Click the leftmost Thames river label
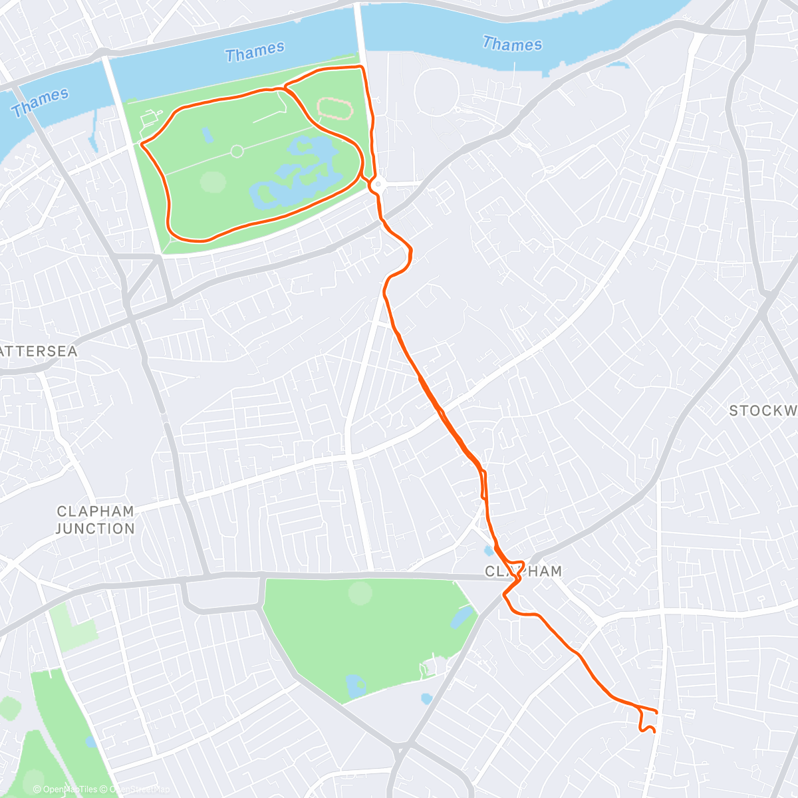40,102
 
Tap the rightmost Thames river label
512,45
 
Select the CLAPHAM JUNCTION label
95,520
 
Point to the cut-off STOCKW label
763,411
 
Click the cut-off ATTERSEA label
39,351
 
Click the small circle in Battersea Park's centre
237,152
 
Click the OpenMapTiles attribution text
65,789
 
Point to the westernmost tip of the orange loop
142,142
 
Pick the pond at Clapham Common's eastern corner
460,618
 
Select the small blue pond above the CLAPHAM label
489,551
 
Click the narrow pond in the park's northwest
207,136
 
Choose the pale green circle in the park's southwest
213,182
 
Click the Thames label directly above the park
255,52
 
